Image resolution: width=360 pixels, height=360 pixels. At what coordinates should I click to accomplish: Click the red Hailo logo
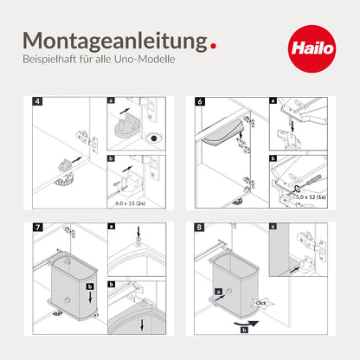[312, 48]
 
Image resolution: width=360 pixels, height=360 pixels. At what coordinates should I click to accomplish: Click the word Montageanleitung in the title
[115, 41]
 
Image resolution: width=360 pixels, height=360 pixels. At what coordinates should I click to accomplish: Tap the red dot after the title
[213, 46]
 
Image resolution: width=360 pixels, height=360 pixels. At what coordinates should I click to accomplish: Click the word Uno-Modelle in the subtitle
[145, 59]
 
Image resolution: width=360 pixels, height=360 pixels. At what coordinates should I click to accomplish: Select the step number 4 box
[37, 101]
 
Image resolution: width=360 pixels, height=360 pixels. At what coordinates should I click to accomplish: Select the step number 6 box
[200, 101]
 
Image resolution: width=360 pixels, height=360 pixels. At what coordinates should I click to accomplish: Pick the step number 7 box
[37, 227]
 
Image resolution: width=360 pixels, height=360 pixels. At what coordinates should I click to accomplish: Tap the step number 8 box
[199, 227]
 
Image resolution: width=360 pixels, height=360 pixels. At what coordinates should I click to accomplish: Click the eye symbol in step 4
[154, 138]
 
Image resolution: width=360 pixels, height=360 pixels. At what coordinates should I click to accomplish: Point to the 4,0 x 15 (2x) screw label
[131, 203]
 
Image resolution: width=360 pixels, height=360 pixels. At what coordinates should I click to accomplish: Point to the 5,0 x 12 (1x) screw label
[311, 196]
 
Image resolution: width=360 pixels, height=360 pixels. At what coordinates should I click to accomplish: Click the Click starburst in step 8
[261, 303]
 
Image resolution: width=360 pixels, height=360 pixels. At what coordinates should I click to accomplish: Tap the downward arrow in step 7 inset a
[138, 232]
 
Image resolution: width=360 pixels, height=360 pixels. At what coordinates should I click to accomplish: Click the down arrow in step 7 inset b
[142, 325]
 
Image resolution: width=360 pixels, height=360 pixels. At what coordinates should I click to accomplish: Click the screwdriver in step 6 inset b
[309, 183]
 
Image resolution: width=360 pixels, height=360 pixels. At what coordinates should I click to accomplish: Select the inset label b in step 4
[111, 158]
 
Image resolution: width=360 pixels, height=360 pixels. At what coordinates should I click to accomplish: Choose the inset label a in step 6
[273, 100]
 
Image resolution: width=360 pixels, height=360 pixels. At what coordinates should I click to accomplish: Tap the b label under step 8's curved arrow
[244, 330]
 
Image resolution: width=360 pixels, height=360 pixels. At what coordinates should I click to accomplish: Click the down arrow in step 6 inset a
[292, 125]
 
